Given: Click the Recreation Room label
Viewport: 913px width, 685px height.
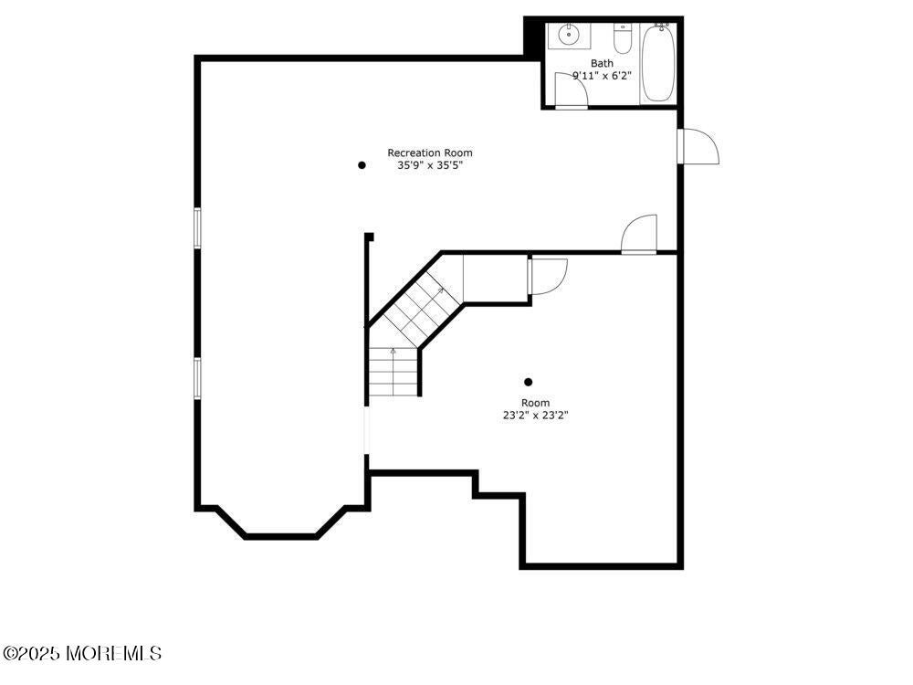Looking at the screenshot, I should (430, 153).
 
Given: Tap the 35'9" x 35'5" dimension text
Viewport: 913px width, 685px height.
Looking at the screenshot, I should (430, 166).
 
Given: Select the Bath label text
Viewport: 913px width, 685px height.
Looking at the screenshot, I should (602, 63).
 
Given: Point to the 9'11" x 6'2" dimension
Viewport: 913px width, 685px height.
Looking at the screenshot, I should (602, 76).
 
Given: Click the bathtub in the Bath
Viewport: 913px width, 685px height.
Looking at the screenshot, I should (657, 64).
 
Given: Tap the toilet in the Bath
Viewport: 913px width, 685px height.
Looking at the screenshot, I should (623, 41).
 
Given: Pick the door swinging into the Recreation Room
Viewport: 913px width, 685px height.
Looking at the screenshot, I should (639, 234).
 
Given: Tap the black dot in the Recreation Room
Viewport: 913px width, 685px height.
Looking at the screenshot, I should (362, 165).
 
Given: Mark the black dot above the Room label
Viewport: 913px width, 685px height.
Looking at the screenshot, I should (528, 382).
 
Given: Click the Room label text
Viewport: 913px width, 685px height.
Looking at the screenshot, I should (536, 403).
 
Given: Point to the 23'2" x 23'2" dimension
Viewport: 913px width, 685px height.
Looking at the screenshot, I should (536, 416).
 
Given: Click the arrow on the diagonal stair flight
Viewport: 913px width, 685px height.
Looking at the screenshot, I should (442, 290).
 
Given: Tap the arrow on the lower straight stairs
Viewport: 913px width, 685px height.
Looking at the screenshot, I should (394, 351).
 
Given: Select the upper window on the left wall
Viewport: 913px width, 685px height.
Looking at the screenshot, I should (197, 227).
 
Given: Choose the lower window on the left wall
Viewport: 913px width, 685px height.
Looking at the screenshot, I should (197, 377).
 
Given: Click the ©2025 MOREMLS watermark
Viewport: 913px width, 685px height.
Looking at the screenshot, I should (82, 654).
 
